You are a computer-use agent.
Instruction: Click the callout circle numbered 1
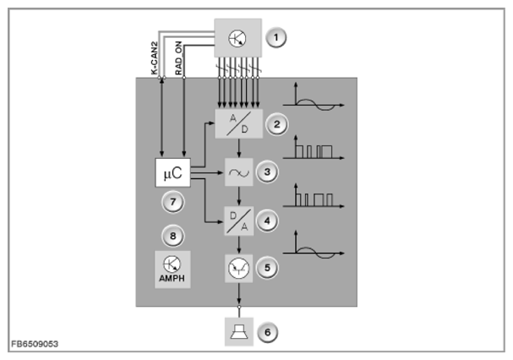276,37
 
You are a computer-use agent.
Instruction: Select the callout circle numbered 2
277,124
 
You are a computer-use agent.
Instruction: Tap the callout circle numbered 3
267,172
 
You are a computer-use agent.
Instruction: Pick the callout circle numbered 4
267,221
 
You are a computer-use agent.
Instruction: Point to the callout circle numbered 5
267,268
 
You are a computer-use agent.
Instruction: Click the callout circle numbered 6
268,332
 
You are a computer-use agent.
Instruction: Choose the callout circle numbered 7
173,202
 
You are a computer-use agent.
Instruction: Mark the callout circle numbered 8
173,236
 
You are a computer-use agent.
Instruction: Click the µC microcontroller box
172,172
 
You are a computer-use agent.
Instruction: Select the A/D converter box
238,123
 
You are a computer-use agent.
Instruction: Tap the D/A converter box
239,221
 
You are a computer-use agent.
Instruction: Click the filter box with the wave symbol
239,172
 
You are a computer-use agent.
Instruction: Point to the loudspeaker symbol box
239,331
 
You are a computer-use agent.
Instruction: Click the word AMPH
172,279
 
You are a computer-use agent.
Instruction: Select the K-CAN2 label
154,58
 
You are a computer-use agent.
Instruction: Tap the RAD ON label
178,58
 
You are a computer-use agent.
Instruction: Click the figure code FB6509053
35,344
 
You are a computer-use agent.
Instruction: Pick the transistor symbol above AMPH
172,265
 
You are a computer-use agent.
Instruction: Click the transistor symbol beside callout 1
237,38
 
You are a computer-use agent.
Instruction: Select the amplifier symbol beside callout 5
239,269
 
